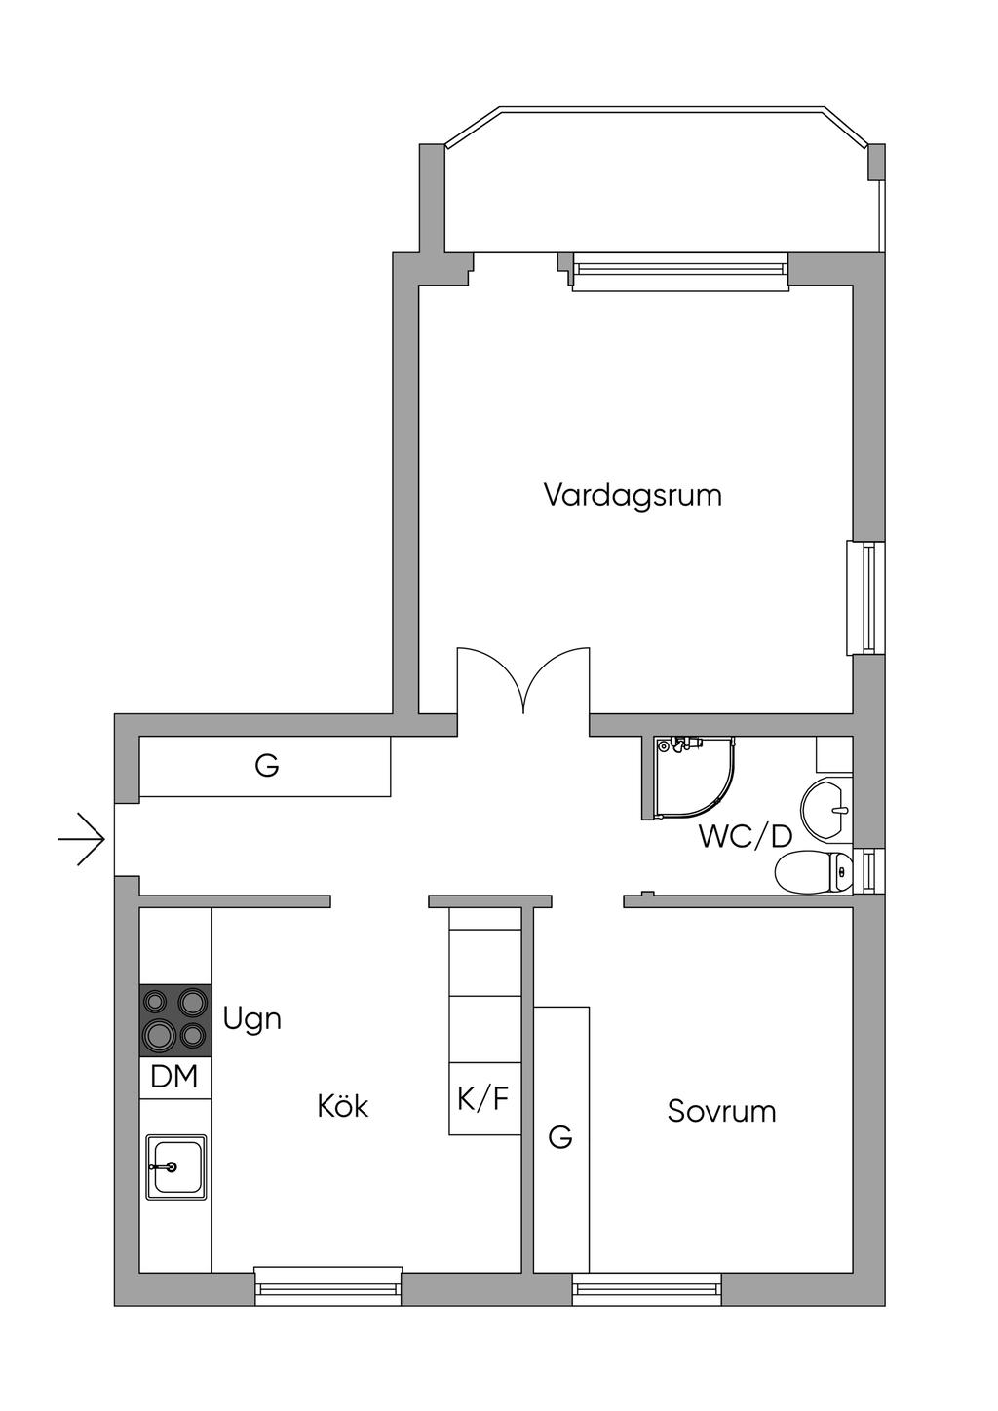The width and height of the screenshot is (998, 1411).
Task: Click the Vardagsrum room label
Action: (633, 495)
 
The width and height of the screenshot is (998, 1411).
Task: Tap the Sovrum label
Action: (721, 1112)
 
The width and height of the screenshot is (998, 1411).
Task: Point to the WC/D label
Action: (745, 837)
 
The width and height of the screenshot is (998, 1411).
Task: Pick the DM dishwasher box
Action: (175, 1078)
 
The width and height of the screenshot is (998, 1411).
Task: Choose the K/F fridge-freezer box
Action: (484, 1099)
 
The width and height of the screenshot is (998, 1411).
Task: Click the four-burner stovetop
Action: (175, 1020)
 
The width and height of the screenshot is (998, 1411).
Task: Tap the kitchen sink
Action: (176, 1167)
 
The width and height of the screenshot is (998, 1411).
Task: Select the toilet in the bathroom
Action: (813, 872)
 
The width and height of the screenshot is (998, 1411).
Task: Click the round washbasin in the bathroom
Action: (826, 810)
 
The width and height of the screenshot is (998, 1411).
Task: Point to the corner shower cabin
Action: (689, 778)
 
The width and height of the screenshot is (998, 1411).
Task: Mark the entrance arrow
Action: (81, 839)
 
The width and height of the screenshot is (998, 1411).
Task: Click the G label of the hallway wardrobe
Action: (267, 765)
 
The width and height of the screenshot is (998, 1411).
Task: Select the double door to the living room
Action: (523, 681)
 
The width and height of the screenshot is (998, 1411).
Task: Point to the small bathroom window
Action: (868, 872)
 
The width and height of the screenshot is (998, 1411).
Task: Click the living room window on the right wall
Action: (865, 597)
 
